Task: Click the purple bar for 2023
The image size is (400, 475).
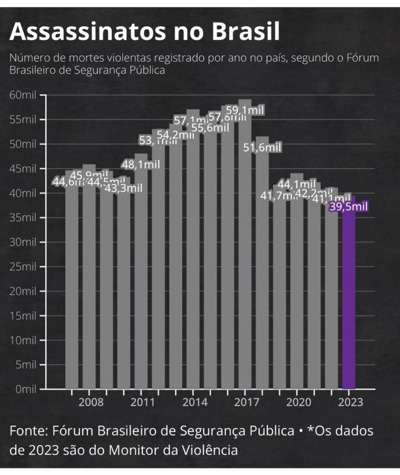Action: [x=349, y=297]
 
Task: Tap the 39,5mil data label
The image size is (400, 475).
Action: [x=348, y=206]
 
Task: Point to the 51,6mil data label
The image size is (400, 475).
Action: [x=263, y=148]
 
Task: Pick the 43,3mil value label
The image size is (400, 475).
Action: [x=123, y=188]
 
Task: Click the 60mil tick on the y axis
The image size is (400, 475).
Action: [x=23, y=95]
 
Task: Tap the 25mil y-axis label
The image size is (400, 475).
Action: [x=23, y=266]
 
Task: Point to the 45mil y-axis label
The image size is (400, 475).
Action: [x=23, y=168]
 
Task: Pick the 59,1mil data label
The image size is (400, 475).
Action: [x=245, y=110]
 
